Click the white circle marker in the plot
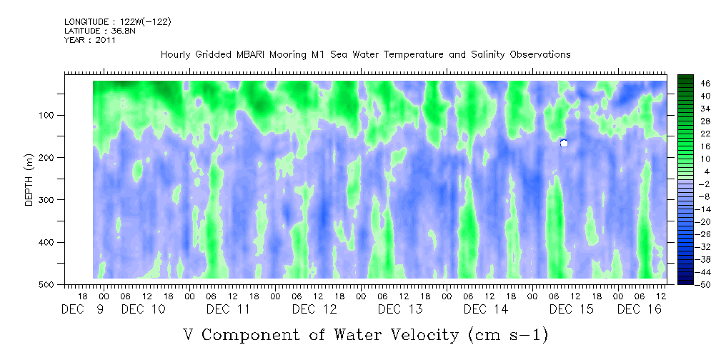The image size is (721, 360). click(564, 144)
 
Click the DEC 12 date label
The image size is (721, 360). click(314, 309)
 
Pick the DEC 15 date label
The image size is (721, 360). click(572, 309)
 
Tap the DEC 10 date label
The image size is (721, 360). click(143, 309)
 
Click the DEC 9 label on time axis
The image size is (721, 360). click(83, 309)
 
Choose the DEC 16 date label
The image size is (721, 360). click(639, 309)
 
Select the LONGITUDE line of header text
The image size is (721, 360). click(118, 22)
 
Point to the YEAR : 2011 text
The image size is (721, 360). click(89, 40)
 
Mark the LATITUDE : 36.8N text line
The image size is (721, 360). click(100, 31)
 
